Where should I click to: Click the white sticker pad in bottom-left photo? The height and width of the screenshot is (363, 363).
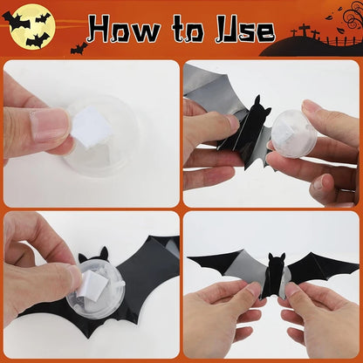(94, 279)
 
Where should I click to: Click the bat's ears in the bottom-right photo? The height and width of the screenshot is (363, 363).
(276, 257)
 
